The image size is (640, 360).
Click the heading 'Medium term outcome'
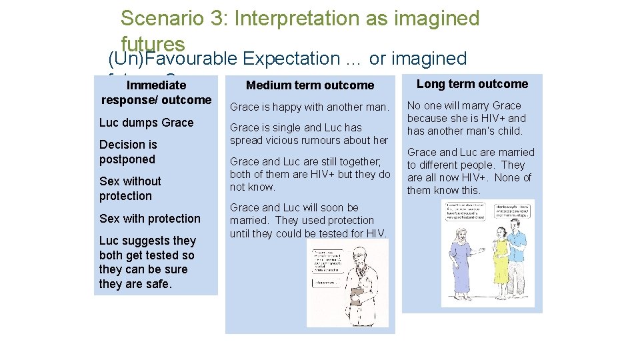(x=310, y=85)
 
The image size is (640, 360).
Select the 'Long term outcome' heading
(x=472, y=84)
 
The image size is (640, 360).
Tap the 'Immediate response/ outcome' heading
(x=156, y=93)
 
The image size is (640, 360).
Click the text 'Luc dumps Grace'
(x=146, y=123)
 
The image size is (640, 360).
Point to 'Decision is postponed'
(x=127, y=152)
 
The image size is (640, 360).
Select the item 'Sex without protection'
(x=130, y=189)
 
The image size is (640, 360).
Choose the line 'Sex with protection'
(x=149, y=219)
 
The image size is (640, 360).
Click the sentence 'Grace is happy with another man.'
(x=309, y=107)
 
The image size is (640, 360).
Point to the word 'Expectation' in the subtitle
(x=291, y=59)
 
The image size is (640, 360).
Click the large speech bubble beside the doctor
(x=330, y=261)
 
